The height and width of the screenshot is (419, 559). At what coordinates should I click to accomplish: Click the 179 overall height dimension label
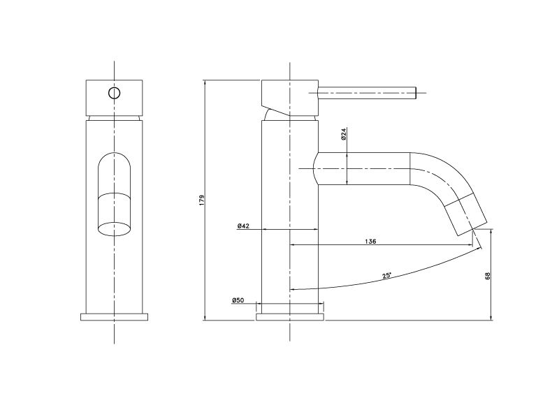tap(202, 200)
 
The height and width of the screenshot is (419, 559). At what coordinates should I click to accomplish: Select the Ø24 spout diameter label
tap(343, 133)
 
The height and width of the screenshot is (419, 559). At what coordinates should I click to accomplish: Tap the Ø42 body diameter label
tap(243, 226)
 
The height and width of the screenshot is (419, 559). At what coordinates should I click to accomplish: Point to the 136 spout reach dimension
tap(370, 241)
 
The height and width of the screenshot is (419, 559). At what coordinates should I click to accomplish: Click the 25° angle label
tap(387, 275)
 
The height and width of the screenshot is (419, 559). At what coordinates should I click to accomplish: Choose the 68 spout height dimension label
tap(488, 275)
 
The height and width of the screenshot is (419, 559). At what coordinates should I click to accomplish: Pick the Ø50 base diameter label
tap(238, 300)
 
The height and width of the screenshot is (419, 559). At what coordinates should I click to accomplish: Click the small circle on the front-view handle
tap(114, 93)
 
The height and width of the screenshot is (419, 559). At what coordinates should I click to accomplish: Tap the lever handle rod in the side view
tap(367, 93)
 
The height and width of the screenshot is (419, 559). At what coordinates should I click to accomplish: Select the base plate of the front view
tap(114, 317)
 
